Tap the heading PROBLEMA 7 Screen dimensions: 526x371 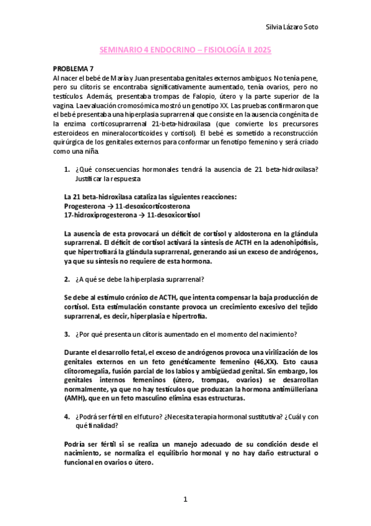pyautogui.click(x=73, y=69)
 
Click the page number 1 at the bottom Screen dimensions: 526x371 pyautogui.click(x=185, y=500)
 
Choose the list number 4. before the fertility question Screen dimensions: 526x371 pyautogui.click(x=67, y=416)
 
